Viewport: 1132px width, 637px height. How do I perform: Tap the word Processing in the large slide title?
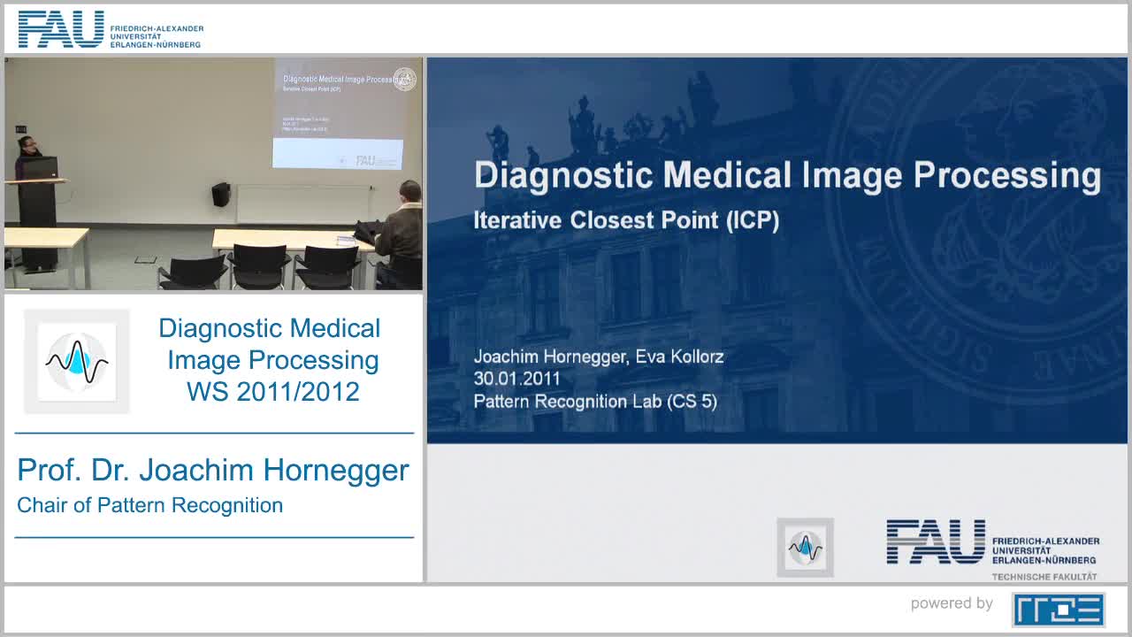coord(1006,176)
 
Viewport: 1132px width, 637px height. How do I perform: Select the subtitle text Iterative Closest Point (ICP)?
coord(626,220)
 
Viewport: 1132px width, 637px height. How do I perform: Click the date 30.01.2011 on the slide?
coord(517,379)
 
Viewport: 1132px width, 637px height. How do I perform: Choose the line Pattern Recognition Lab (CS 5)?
coord(595,401)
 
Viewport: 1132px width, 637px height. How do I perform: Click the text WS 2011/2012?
coord(272,391)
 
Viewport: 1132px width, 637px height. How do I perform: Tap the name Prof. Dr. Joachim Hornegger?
coord(213,470)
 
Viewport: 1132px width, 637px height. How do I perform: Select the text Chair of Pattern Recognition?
coord(150,505)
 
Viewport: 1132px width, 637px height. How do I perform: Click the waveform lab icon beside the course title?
coord(77,361)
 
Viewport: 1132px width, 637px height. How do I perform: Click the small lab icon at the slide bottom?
coord(805,548)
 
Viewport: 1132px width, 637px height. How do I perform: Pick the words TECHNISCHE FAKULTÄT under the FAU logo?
coord(1044,577)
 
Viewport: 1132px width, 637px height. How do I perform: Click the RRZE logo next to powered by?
coord(1059,609)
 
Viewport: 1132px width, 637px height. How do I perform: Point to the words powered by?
coord(952,603)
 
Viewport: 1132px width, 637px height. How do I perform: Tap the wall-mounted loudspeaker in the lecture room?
coord(220,194)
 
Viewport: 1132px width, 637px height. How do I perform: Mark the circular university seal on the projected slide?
coord(404,79)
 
